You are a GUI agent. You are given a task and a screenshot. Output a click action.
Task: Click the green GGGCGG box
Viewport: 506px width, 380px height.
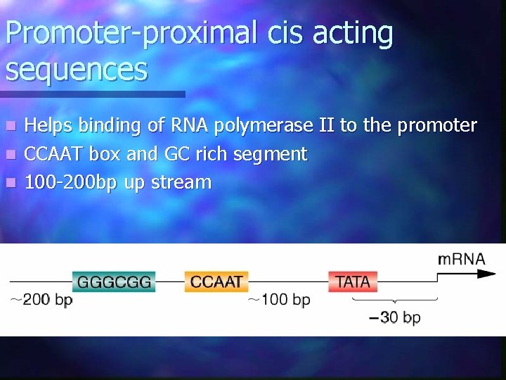[114, 282]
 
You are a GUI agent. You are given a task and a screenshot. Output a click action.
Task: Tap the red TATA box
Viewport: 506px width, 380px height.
[353, 282]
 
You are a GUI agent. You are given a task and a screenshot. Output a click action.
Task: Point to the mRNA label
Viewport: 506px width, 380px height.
[461, 258]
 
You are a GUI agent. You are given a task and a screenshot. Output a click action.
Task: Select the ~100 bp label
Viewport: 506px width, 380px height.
[278, 300]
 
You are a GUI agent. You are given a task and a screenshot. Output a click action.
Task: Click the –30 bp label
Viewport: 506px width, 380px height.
[395, 317]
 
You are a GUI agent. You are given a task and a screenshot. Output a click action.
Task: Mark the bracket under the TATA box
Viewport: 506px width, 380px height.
[394, 300]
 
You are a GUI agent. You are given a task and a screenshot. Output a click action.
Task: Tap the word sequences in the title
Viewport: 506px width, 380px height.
[77, 70]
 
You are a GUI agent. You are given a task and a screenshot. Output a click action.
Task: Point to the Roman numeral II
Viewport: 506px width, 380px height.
[326, 126]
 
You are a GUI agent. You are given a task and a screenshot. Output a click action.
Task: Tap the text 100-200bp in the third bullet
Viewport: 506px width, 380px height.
[71, 182]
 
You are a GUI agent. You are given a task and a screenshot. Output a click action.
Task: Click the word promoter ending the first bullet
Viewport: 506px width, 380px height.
[436, 126]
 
